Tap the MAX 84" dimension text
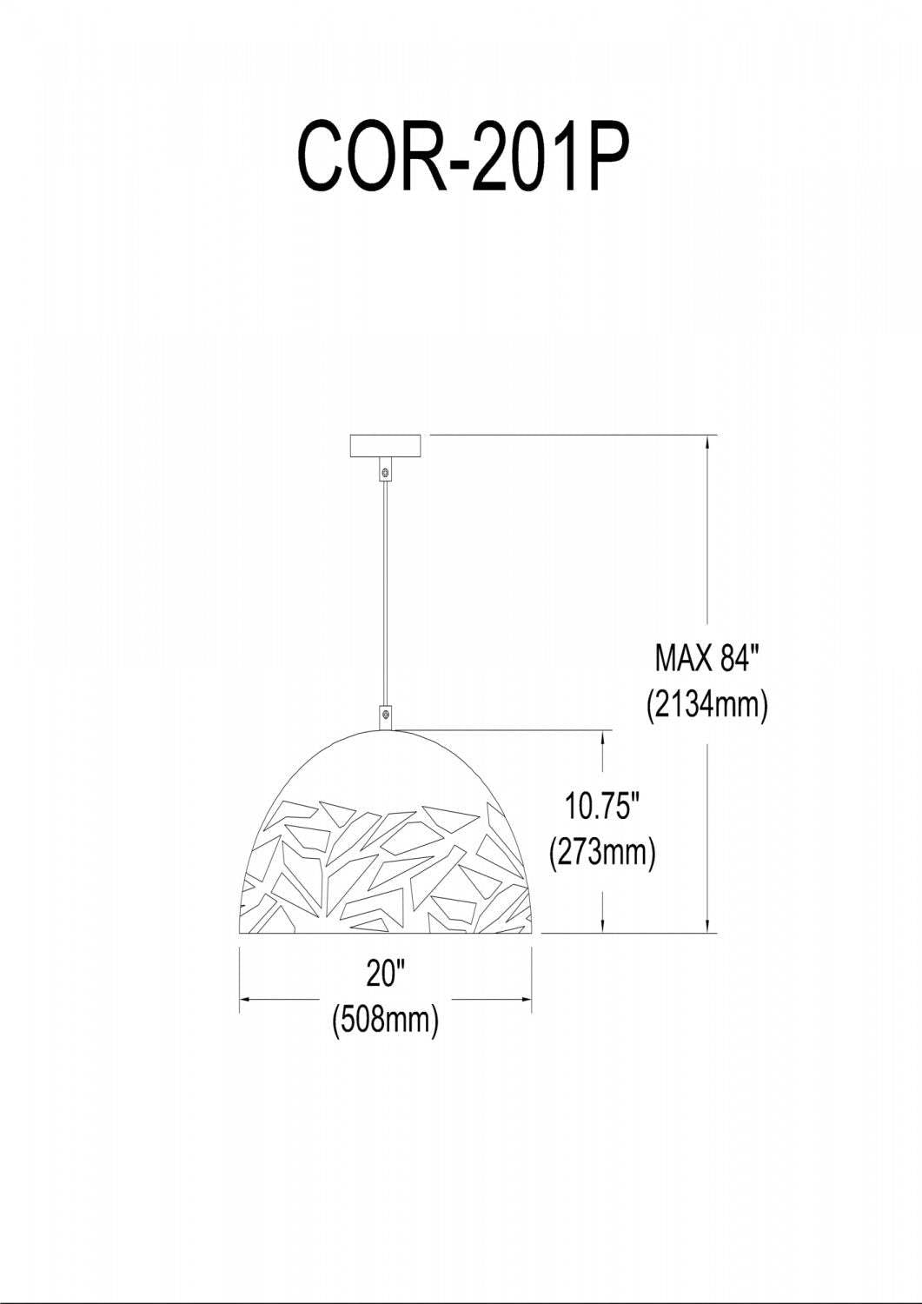pos(707,659)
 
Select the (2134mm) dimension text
pos(707,703)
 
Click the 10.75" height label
pos(602,807)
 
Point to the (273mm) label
pos(602,852)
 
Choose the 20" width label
pos(386,974)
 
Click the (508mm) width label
pos(386,1018)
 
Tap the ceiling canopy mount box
pos(385,446)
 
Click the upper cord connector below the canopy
pos(385,471)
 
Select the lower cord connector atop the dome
pos(385,715)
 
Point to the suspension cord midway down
pos(385,591)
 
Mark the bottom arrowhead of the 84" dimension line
pos(709,927)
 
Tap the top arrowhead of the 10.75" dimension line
pos(602,736)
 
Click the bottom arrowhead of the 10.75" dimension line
pos(602,927)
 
